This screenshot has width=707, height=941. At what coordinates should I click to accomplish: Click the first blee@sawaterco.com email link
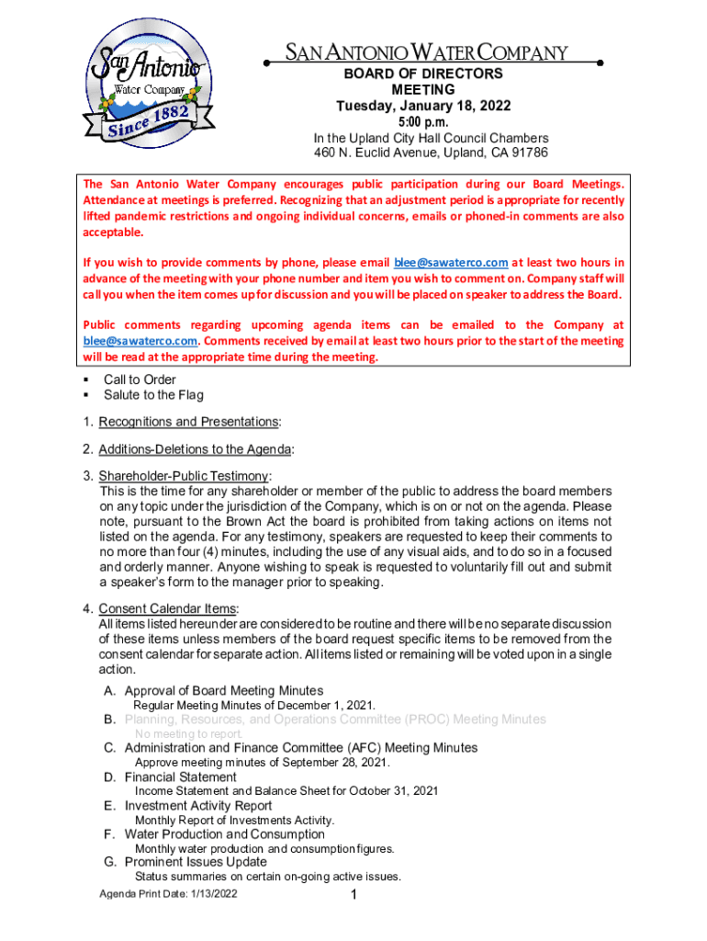point(450,262)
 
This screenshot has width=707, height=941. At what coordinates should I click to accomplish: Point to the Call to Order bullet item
point(140,380)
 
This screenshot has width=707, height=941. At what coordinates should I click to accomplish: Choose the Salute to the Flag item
point(153,395)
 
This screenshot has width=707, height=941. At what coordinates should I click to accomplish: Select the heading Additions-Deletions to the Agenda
point(196,449)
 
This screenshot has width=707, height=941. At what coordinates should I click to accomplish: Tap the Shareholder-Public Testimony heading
point(184,476)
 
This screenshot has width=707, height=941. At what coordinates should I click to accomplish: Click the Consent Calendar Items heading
point(168,608)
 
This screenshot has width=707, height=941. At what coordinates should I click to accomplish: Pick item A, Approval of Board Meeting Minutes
point(223,691)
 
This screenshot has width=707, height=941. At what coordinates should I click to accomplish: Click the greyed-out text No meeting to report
point(189,734)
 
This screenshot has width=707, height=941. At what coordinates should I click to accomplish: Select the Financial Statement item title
point(180,777)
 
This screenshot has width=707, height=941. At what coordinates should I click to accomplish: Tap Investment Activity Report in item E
point(198,806)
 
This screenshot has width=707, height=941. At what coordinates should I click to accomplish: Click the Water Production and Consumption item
point(224,834)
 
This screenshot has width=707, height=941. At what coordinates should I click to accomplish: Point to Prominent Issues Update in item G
point(196,862)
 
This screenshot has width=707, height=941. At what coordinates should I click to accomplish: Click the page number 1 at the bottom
point(353,896)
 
